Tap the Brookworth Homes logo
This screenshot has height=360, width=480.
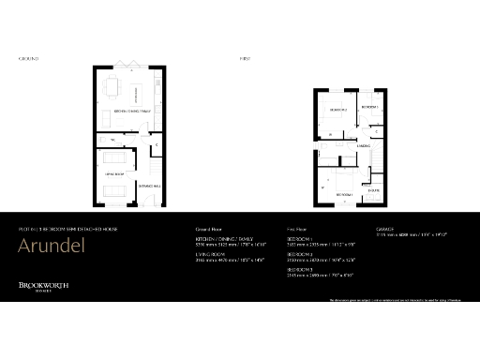tap(45, 287)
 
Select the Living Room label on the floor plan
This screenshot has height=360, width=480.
tap(114, 173)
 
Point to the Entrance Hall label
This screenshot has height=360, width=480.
tap(149, 185)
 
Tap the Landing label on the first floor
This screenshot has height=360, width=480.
tap(364, 147)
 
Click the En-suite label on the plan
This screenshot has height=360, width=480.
tap(373, 188)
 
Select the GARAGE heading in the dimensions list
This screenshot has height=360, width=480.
tap(384, 229)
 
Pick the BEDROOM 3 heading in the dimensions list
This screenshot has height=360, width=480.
tap(299, 268)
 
